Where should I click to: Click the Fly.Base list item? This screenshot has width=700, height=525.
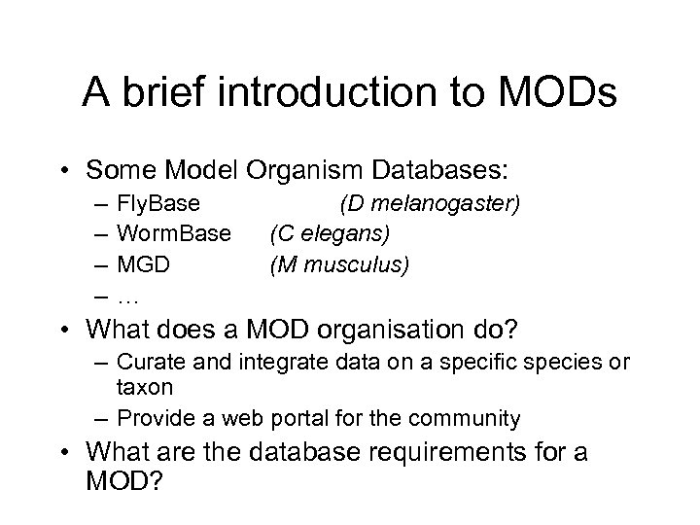158,205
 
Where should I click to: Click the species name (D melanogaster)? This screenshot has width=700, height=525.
430,205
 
